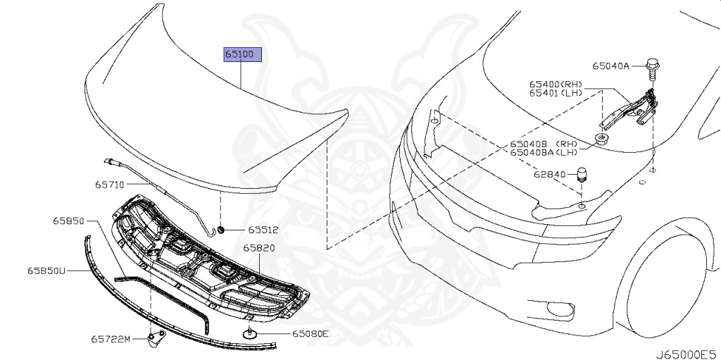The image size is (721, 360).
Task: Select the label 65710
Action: [109, 185]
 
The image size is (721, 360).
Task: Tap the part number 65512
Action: [262, 230]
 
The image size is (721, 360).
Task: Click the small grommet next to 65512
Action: [220, 230]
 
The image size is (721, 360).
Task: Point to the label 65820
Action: [259, 249]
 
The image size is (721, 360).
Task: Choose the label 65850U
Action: [46, 270]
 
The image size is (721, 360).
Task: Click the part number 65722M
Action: [110, 340]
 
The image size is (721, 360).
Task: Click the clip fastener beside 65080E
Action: [250, 333]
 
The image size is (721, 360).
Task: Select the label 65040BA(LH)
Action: [544, 151]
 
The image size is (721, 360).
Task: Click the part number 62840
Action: [550, 173]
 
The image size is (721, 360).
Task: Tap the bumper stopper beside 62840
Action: [582, 174]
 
